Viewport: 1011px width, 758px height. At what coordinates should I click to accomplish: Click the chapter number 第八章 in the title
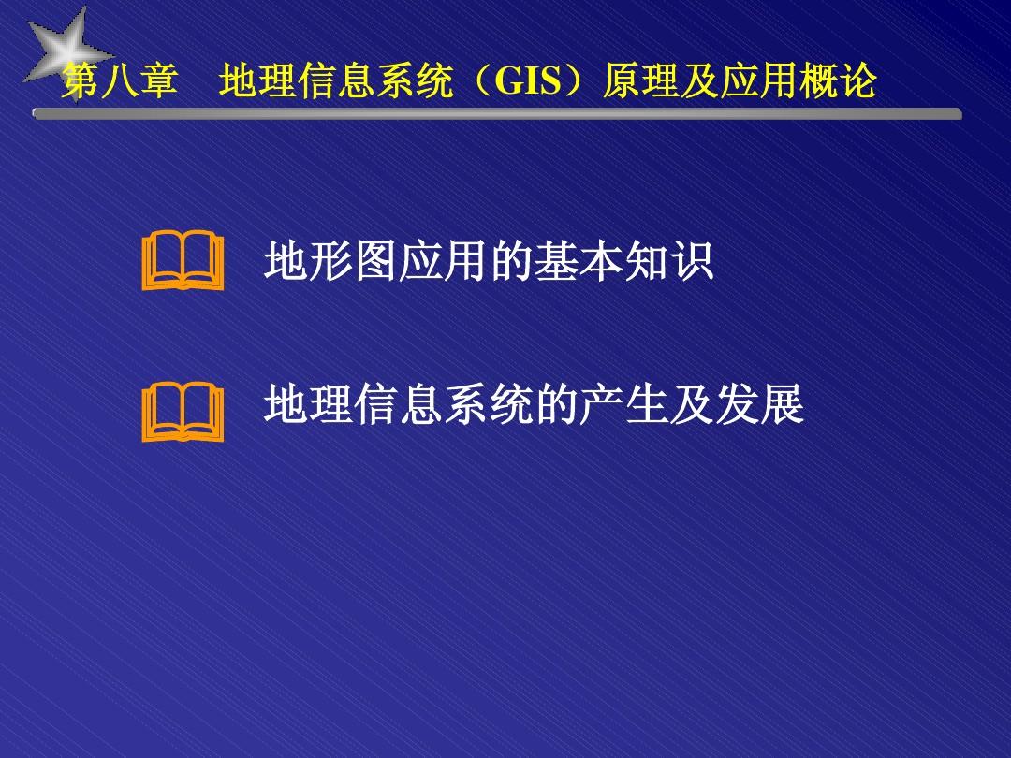coord(120,83)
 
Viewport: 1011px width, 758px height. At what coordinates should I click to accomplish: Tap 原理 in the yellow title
coord(632,83)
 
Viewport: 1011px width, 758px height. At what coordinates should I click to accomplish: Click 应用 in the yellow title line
coord(750,83)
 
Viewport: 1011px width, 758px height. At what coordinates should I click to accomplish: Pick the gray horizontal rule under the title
coord(497,114)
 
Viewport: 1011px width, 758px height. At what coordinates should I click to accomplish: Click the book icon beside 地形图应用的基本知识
coord(183,263)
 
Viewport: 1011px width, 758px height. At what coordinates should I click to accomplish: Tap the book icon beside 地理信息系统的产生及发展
coord(183,415)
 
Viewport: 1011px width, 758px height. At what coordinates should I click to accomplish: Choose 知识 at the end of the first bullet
coord(668,262)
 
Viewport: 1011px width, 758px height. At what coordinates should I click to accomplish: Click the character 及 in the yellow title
coord(691,83)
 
